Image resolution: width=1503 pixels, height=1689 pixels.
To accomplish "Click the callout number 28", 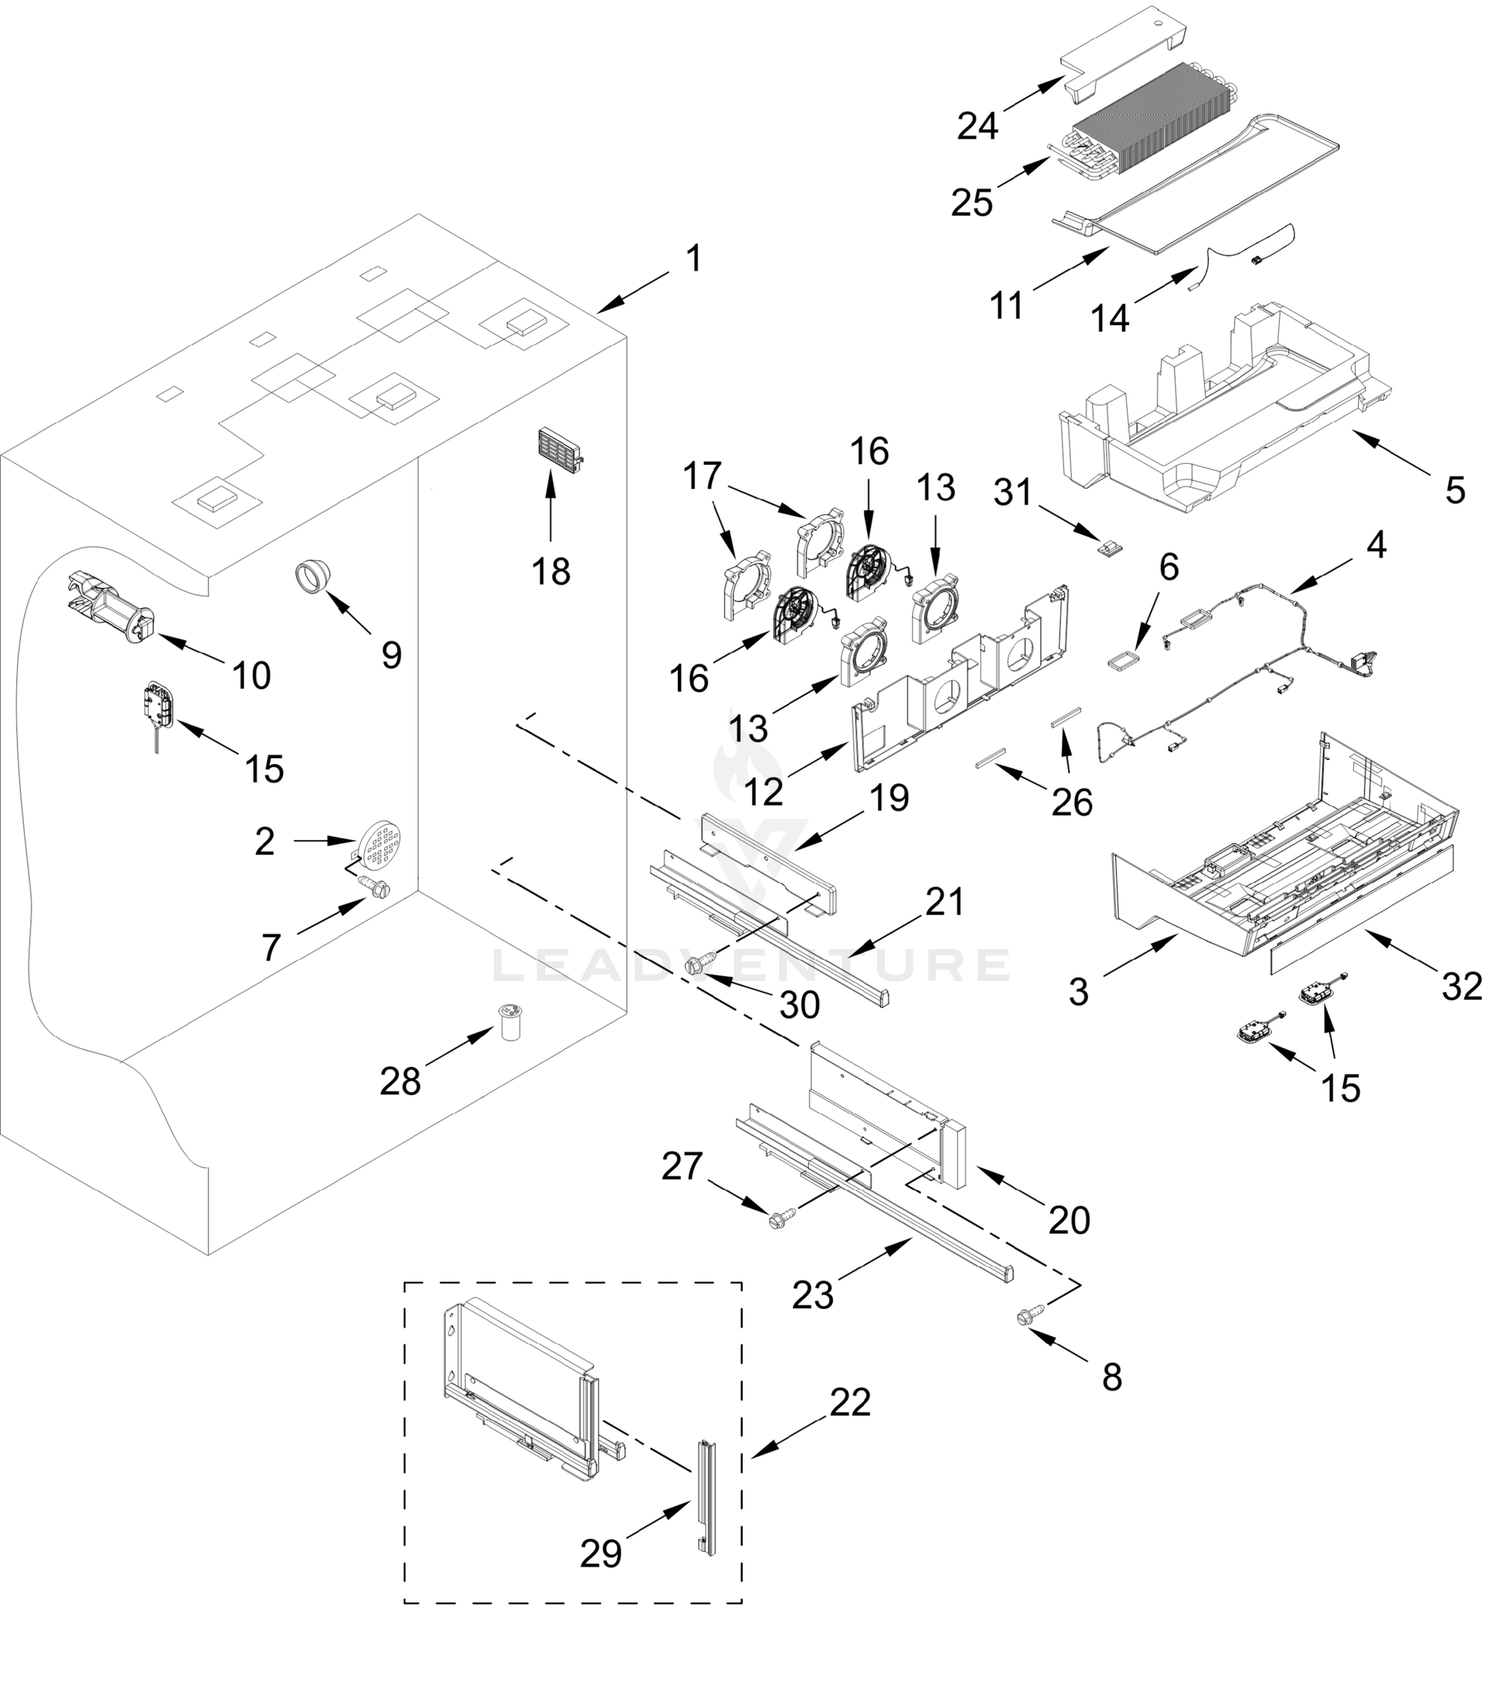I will tap(400, 1080).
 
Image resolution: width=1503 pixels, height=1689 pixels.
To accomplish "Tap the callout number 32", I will tap(1461, 986).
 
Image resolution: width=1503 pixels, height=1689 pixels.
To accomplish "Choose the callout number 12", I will tap(763, 791).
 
